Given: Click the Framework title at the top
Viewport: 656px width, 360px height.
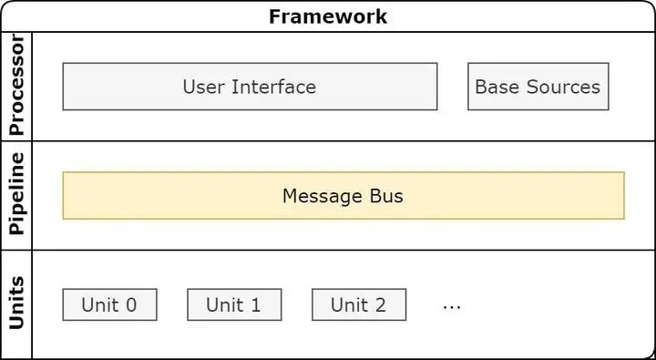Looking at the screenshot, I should pyautogui.click(x=328, y=16).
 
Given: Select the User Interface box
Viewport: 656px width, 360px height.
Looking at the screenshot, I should pyautogui.click(x=250, y=87).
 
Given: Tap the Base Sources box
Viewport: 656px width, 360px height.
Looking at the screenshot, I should pyautogui.click(x=538, y=87).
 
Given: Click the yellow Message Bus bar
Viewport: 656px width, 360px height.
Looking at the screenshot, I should pyautogui.click(x=343, y=195).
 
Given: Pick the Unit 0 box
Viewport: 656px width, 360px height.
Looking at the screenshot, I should pyautogui.click(x=109, y=304).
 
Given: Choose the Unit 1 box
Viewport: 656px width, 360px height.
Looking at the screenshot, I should pyautogui.click(x=234, y=304).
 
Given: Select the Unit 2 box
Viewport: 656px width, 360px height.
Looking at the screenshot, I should pyautogui.click(x=359, y=304).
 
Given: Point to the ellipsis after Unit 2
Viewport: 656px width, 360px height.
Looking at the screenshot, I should pyautogui.click(x=452, y=307).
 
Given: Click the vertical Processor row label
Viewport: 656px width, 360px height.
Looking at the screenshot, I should pyautogui.click(x=15, y=87).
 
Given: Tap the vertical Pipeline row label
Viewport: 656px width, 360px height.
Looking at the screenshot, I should pyautogui.click(x=15, y=194).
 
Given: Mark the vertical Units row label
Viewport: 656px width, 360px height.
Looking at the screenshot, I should pyautogui.click(x=15, y=303).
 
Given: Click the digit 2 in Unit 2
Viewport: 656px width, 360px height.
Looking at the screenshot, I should pyautogui.click(x=380, y=304).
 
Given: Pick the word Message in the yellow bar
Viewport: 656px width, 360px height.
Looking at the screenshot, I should pyautogui.click(x=322, y=195).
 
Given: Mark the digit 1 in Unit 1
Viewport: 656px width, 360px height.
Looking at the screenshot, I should pyautogui.click(x=255, y=304).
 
